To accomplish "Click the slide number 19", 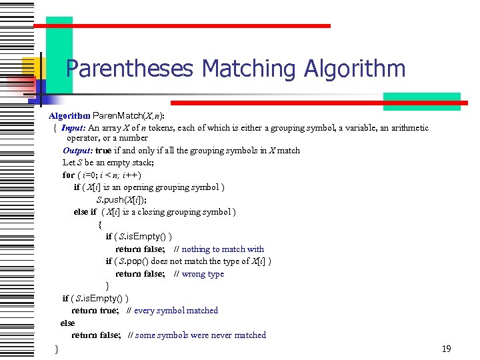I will tap(446, 349).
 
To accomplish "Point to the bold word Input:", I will tap(73, 128).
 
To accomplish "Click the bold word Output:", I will tap(77, 151).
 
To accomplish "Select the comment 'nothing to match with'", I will tap(223, 249).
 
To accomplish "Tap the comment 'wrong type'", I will tap(203, 274).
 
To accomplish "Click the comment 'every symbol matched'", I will tap(176, 311).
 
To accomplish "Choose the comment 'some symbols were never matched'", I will tap(201, 335).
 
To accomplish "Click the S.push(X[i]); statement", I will tap(121, 199).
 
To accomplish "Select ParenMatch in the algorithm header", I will tap(116, 115).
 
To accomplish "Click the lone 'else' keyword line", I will tap(67, 323).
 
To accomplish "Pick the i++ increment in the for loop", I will tap(129, 175).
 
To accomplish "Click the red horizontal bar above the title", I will tap(181, 26).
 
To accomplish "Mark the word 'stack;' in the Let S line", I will tap(142, 163).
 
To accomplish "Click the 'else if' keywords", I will tap(85, 212).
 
